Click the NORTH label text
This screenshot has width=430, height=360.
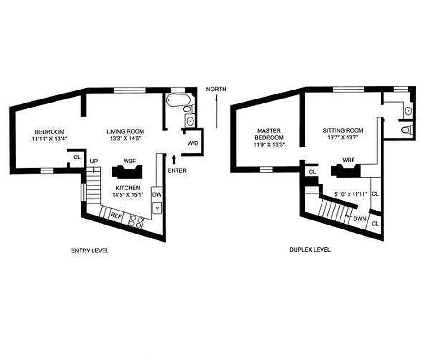click(x=216, y=89)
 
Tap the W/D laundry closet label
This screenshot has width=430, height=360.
click(x=193, y=143)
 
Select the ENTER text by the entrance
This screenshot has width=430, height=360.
click(x=177, y=171)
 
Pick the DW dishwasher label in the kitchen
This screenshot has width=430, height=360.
click(x=157, y=194)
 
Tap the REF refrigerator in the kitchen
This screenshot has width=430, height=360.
click(x=116, y=216)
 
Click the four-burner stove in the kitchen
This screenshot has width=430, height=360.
click(x=136, y=221)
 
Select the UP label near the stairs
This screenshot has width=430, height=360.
click(x=94, y=161)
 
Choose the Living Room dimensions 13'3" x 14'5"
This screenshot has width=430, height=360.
click(x=125, y=139)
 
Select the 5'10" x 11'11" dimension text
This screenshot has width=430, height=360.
click(x=351, y=194)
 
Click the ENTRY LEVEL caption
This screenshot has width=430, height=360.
click(x=90, y=251)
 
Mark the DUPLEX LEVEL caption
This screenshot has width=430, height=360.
click(x=310, y=249)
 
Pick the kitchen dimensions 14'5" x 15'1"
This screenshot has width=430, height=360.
click(x=127, y=195)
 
